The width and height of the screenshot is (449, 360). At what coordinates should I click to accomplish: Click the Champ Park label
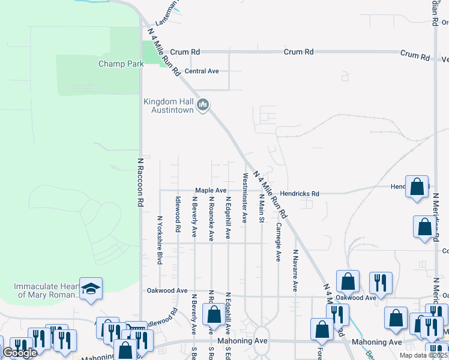[x=119, y=64]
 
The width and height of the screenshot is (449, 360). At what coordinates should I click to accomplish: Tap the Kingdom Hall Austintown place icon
[x=203, y=106]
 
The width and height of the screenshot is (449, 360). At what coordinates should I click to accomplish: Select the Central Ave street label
[x=201, y=71]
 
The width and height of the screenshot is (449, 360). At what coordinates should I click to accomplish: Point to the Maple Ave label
[x=209, y=190]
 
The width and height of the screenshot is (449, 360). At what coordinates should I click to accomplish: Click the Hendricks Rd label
[x=300, y=194]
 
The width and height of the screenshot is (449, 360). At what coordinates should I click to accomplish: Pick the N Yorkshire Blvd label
[x=160, y=240]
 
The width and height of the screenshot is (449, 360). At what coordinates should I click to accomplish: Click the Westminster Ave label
[x=245, y=198]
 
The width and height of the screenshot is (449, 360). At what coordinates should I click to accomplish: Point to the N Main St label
[x=262, y=208]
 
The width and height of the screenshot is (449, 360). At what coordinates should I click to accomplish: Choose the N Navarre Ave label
[x=295, y=271]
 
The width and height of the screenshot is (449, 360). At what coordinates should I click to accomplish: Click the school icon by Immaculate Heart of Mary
[x=90, y=289]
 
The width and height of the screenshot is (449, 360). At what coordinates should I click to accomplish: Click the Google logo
[x=20, y=353]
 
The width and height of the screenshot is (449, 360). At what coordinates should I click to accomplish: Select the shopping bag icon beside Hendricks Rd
[x=417, y=188]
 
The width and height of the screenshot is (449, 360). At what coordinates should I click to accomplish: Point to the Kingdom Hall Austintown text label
[x=169, y=106]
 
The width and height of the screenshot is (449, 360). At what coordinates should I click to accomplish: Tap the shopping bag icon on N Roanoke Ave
[x=214, y=316]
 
